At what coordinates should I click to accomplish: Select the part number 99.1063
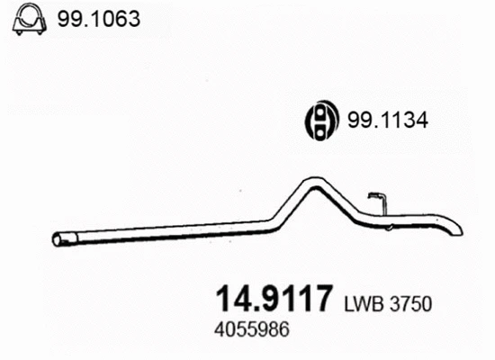point(100,17)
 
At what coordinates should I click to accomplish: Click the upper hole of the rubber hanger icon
point(319,111)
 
